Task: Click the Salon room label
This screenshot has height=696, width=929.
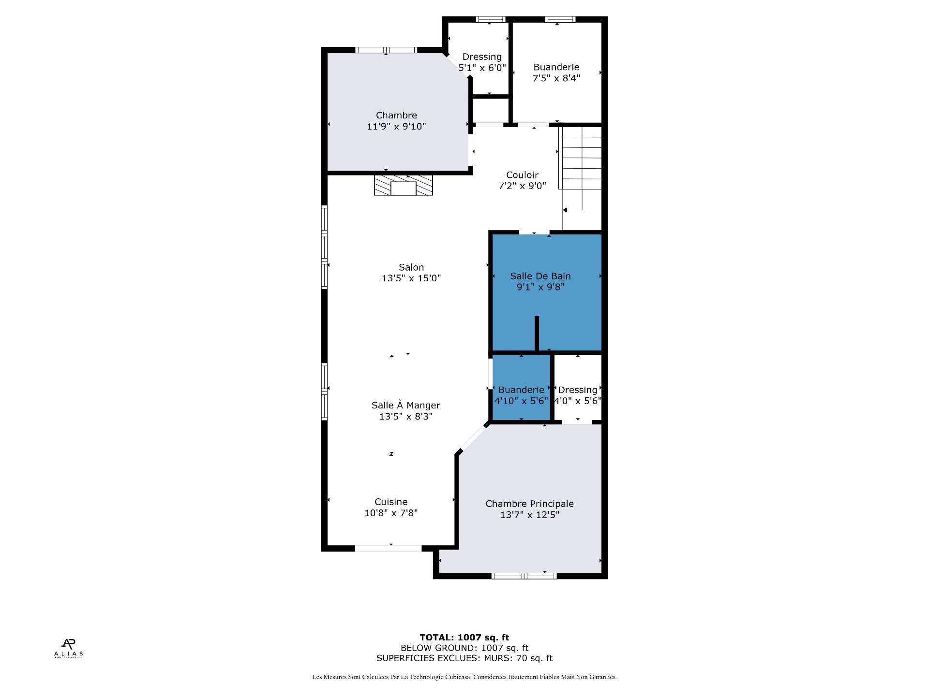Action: pyautogui.click(x=411, y=267)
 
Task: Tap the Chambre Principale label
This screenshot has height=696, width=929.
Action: pyautogui.click(x=530, y=504)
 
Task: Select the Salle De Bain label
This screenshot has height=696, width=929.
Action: pyautogui.click(x=540, y=276)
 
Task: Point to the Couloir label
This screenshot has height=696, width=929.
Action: pyautogui.click(x=522, y=175)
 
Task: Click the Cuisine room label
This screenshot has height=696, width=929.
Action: pyautogui.click(x=391, y=502)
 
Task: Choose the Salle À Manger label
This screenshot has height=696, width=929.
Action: pyautogui.click(x=405, y=405)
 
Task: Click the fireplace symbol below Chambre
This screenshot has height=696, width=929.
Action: pyautogui.click(x=403, y=185)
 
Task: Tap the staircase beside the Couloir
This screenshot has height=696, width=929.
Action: pyautogui.click(x=581, y=158)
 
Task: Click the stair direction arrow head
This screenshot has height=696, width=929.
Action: pyautogui.click(x=565, y=210)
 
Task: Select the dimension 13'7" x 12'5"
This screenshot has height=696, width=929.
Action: pyautogui.click(x=530, y=515)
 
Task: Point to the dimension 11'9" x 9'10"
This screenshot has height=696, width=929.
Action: pyautogui.click(x=396, y=127)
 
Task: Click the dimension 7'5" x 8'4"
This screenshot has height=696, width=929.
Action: pyautogui.click(x=556, y=78)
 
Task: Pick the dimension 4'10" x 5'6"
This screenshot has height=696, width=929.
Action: pyautogui.click(x=521, y=401)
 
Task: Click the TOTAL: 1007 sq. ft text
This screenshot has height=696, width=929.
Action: pyautogui.click(x=464, y=638)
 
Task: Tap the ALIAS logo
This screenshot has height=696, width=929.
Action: pyautogui.click(x=68, y=648)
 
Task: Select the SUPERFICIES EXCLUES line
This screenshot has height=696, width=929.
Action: pyautogui.click(x=464, y=658)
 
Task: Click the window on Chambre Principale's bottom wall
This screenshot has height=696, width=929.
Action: pyautogui.click(x=524, y=576)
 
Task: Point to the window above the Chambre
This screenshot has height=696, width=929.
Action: pyautogui.click(x=386, y=50)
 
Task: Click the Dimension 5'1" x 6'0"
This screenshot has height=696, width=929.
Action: pyautogui.click(x=482, y=68)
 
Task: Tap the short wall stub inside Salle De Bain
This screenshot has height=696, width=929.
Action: pyautogui.click(x=537, y=333)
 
